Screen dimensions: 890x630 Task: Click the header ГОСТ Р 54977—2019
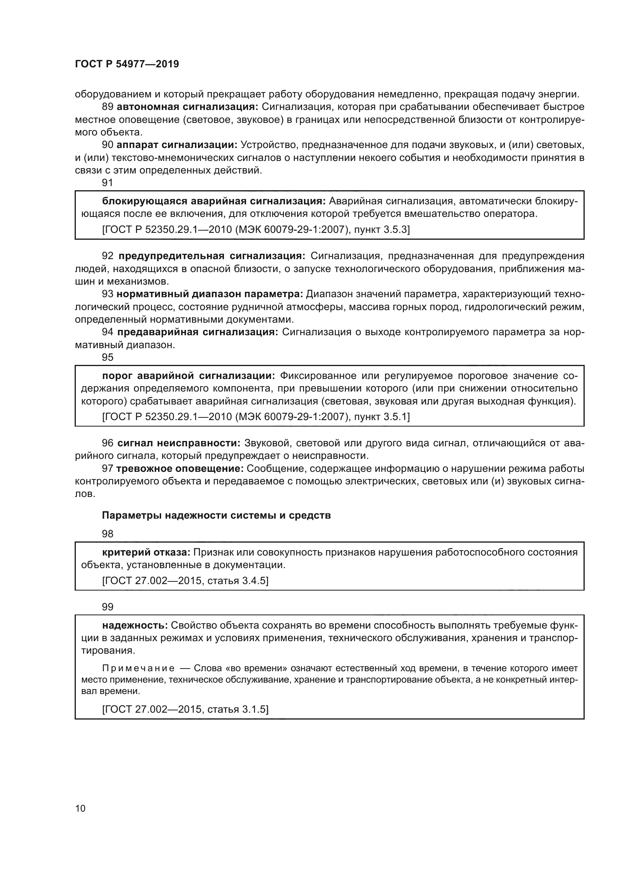coord(127,64)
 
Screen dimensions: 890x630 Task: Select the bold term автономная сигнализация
coord(187,107)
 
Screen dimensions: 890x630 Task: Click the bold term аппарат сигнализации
coord(177,145)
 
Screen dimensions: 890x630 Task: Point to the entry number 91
coord(107,183)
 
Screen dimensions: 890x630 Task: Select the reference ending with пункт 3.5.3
coord(256,229)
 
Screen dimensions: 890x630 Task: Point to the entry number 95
coord(107,357)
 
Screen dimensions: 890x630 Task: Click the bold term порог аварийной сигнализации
coord(189,376)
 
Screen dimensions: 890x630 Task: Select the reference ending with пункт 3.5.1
coord(256,417)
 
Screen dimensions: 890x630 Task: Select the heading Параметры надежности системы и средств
coord(216,516)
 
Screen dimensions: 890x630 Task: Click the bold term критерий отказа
coord(146,552)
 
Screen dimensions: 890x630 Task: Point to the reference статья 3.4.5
coord(185,581)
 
